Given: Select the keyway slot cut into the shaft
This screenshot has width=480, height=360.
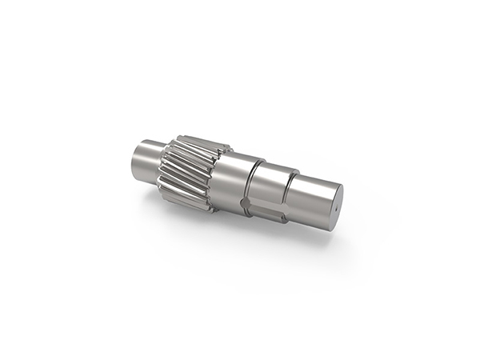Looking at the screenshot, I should tap(265, 210).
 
